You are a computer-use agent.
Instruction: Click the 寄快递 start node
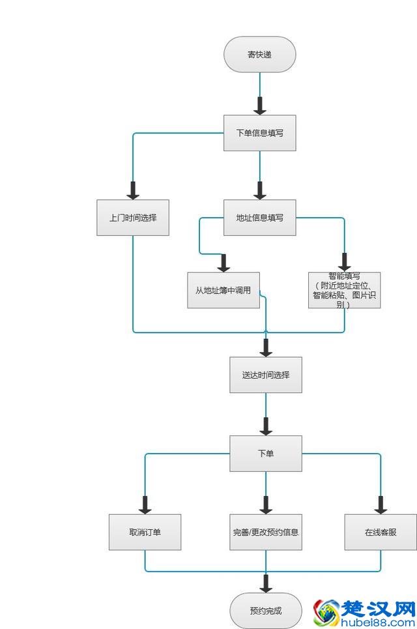tap(259, 54)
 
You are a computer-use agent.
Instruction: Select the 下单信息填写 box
tap(259, 133)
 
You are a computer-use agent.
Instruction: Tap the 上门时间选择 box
tap(133, 218)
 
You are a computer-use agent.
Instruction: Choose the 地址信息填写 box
tap(259, 218)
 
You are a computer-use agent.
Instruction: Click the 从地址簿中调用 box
tap(223, 290)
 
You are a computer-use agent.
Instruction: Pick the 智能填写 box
tap(344, 290)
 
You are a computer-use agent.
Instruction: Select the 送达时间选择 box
tap(266, 375)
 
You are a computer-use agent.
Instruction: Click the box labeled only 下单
tap(266, 453)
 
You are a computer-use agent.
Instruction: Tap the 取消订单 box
tap(145, 532)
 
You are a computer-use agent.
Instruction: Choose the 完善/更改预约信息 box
tap(266, 532)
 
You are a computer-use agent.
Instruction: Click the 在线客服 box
tap(381, 532)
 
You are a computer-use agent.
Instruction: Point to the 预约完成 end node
tap(266, 611)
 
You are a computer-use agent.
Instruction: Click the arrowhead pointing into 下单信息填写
tap(259, 106)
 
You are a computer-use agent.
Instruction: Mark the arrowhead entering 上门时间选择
tap(133, 190)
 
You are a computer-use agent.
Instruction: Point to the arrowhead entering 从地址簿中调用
tap(223, 263)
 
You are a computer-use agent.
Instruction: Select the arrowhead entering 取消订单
tap(145, 505)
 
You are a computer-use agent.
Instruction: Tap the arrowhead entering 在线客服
tap(381, 505)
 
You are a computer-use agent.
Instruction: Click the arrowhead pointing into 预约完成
tap(266, 583)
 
